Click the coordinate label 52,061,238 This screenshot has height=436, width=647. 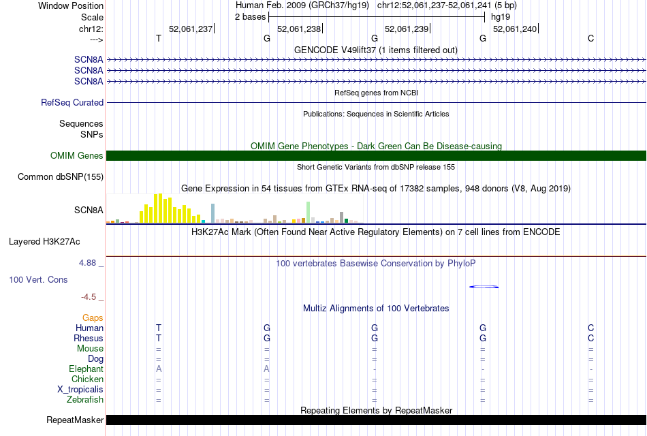click(x=299, y=29)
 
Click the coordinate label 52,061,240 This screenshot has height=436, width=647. click(x=515, y=29)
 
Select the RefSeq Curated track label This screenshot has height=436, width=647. click(x=72, y=103)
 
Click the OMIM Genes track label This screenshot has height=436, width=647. click(x=77, y=156)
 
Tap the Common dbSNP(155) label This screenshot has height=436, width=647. click(x=61, y=177)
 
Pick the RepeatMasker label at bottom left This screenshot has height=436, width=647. click(x=75, y=420)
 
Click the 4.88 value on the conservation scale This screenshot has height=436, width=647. click(x=90, y=263)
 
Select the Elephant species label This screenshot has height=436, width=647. click(x=86, y=369)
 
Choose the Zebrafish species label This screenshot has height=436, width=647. click(x=85, y=400)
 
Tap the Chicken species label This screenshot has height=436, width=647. click(x=88, y=379)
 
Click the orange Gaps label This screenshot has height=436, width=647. click(x=93, y=317)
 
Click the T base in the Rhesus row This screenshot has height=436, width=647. click(x=159, y=338)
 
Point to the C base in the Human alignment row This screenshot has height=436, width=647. click(x=590, y=328)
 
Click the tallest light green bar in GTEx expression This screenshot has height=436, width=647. click(x=309, y=212)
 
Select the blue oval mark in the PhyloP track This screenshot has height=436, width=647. click(x=484, y=287)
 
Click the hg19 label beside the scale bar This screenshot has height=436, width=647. click(x=501, y=16)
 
